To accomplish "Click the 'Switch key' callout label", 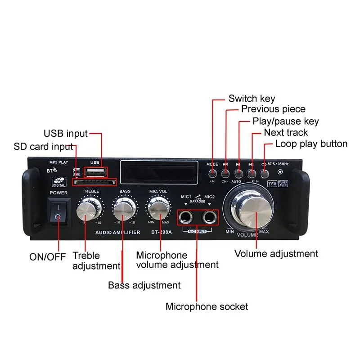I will (x=252, y=99).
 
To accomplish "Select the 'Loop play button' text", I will (x=311, y=144).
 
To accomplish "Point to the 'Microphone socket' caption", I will (x=207, y=307).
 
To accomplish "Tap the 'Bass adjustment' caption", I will (x=144, y=285).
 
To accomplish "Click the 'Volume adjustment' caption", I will (x=276, y=254).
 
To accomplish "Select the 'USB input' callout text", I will (x=66, y=134).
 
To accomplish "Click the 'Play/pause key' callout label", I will (x=285, y=121).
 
